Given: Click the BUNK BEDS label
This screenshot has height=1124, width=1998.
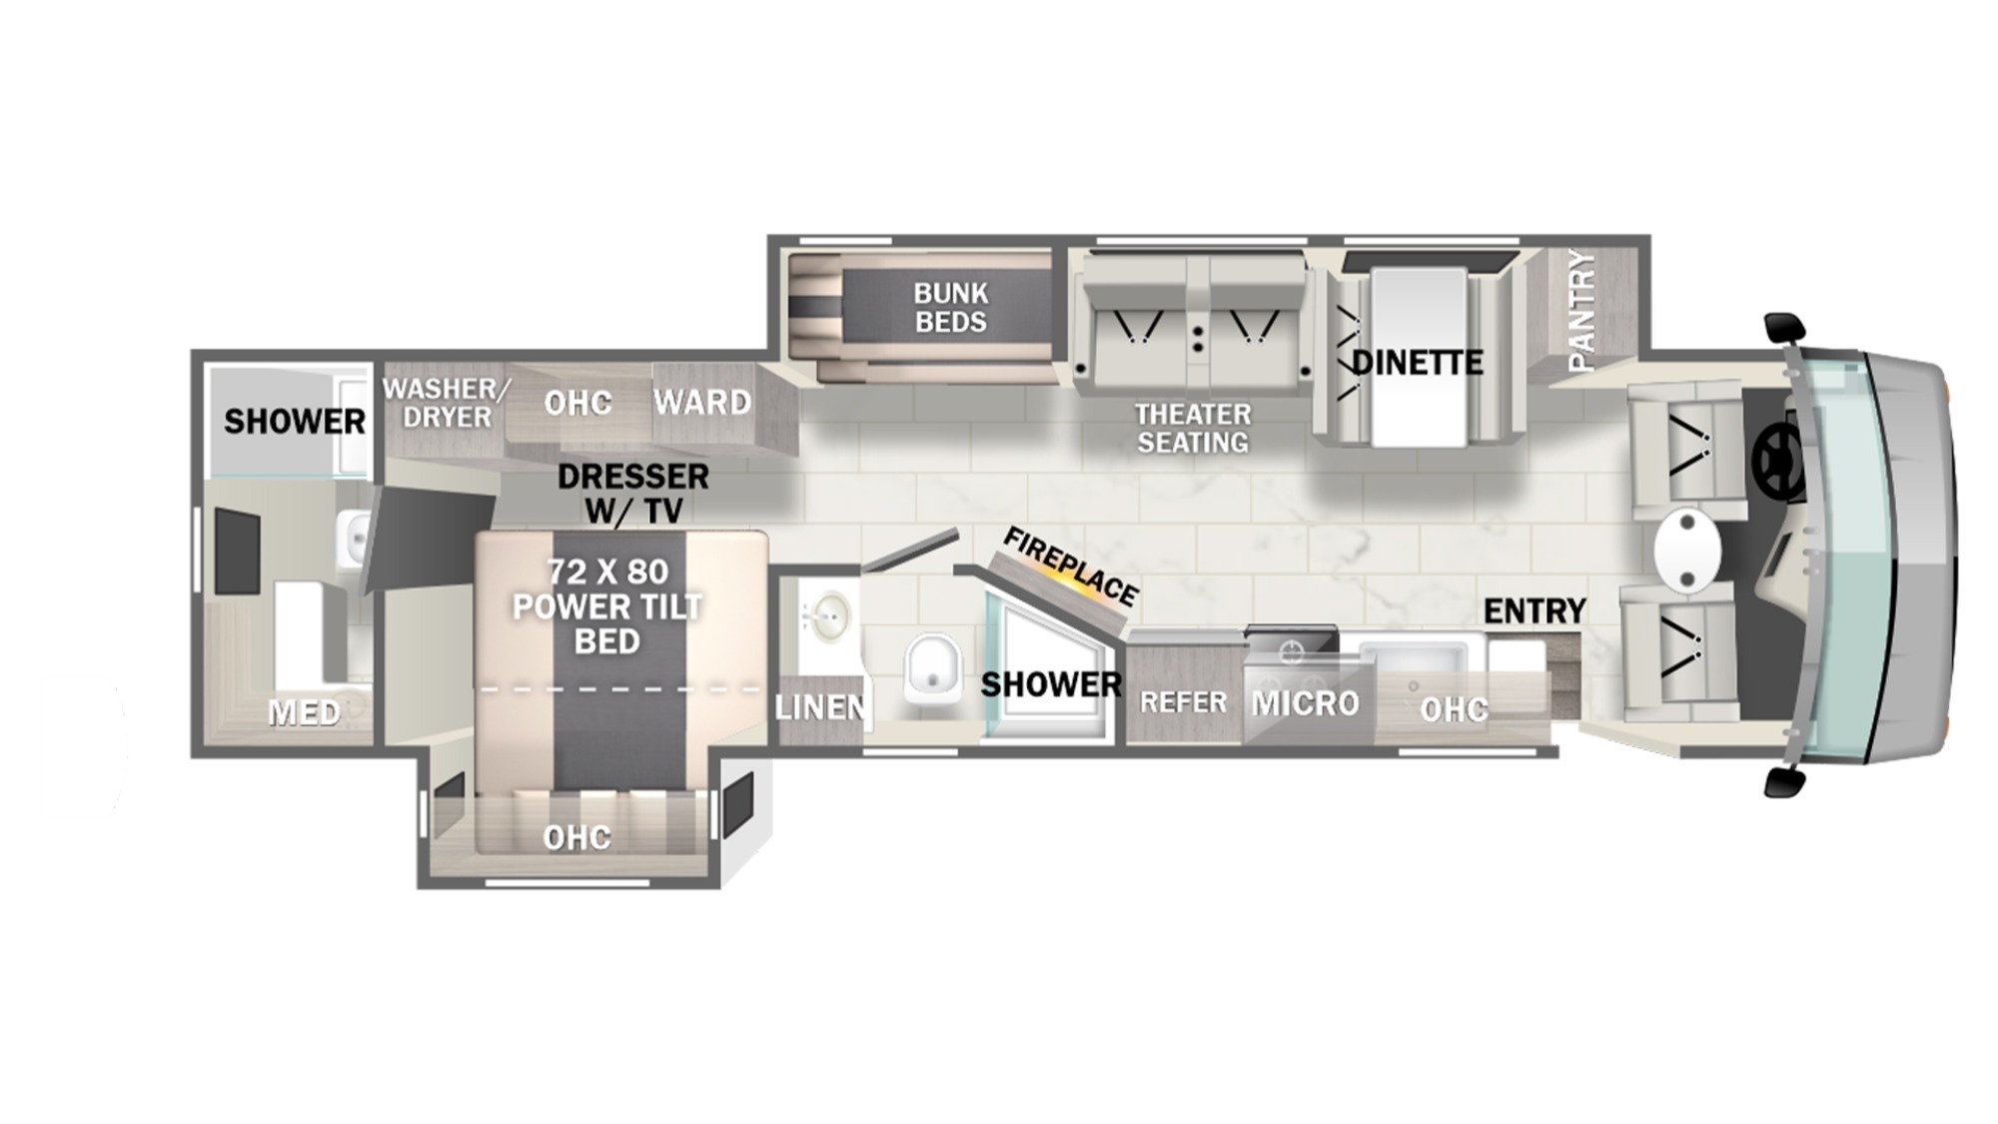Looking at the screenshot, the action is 950,308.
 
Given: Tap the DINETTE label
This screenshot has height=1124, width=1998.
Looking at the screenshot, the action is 1417,362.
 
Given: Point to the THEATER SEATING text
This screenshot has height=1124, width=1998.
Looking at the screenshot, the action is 1193,428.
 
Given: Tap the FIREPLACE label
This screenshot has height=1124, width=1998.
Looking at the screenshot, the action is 1070,566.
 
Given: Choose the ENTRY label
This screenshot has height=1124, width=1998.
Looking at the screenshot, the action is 1534,610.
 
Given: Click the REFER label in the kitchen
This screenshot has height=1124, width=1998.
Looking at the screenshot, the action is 1183,702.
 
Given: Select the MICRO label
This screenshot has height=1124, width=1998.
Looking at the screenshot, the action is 1306,703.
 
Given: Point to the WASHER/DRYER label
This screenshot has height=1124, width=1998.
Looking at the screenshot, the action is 447,403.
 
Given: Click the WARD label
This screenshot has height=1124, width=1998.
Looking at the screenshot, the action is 702,403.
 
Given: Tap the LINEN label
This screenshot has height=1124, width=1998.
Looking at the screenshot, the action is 820,707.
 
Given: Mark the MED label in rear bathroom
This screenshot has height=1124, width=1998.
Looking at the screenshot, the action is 304,712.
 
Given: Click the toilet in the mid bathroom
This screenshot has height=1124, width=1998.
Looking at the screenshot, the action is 932,668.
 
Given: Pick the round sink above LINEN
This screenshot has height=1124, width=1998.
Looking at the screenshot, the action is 828,616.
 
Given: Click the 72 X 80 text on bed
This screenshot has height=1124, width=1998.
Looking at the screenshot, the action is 607,571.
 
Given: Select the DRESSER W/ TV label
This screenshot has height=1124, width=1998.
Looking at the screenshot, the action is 633,494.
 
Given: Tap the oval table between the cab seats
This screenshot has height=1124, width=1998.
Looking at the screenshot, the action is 1687,551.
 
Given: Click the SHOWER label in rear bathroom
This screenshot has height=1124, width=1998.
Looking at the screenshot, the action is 294,422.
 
